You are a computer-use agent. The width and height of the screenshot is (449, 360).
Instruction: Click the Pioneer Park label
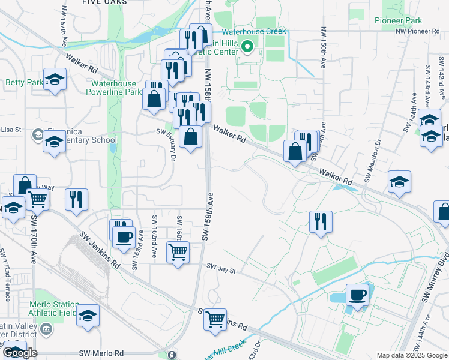click(398, 20)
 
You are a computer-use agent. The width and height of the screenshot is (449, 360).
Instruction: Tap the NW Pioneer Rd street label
click(417, 31)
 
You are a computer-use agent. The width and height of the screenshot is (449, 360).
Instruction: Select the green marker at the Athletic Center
click(247, 46)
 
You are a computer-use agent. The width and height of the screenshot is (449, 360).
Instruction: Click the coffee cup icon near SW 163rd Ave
click(124, 236)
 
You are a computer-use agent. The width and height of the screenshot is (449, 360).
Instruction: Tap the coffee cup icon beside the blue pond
click(357, 295)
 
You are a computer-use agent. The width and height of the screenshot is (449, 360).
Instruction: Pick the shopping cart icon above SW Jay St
click(178, 253)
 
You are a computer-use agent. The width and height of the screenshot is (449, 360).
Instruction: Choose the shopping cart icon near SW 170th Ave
click(37, 198)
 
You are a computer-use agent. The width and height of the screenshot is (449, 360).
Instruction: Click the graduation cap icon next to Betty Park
click(55, 80)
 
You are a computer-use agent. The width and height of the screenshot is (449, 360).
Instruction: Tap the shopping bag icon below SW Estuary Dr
click(190, 136)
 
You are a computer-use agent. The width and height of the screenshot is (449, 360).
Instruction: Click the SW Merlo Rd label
click(105, 354)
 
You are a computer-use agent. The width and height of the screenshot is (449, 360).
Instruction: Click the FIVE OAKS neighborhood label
click(105, 3)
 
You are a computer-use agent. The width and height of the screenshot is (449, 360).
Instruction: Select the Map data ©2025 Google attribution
click(411, 355)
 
